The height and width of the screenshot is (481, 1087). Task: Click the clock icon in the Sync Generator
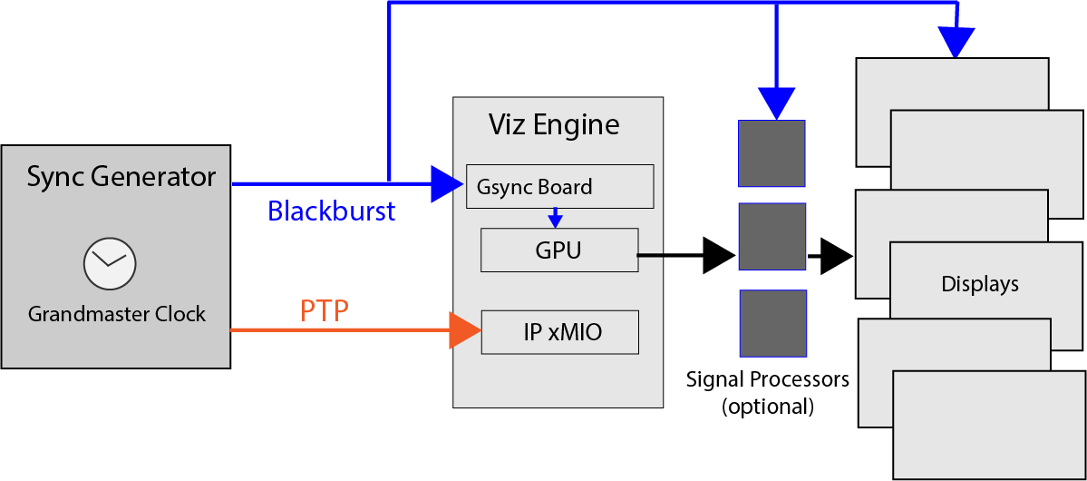click(109, 263)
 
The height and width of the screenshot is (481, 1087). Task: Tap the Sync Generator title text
click(121, 176)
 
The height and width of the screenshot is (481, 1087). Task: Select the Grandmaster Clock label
click(117, 314)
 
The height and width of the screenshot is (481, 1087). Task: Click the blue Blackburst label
click(331, 211)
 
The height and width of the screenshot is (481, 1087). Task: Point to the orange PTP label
click(325, 311)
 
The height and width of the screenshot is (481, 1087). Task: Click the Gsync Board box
click(559, 186)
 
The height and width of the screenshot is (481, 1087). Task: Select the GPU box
click(558, 250)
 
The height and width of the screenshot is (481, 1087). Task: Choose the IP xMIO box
click(559, 332)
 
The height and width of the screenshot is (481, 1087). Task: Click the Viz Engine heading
click(554, 123)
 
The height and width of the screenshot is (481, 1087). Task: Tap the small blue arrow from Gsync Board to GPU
click(556, 219)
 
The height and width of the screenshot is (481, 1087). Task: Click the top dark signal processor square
click(772, 153)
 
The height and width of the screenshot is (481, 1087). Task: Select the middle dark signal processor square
click(772, 236)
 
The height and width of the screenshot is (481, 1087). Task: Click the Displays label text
click(980, 284)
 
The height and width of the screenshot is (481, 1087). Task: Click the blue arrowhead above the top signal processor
click(776, 103)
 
